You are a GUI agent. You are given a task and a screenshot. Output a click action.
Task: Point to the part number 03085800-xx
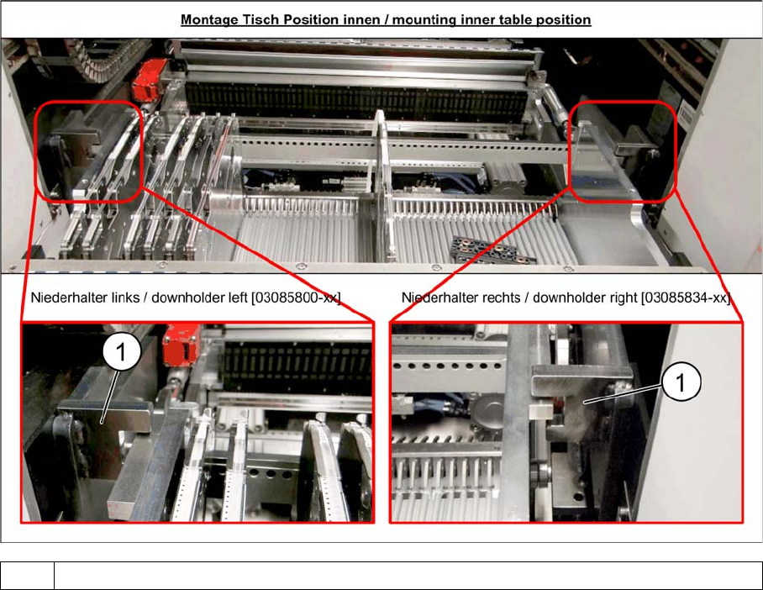point(296,297)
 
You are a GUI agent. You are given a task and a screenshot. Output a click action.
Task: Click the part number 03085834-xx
point(686,297)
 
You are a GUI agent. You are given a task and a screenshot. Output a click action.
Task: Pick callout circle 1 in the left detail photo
point(122,352)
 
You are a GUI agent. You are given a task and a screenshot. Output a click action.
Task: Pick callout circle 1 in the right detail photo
point(681,382)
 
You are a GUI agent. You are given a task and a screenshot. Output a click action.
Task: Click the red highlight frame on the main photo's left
point(35,151)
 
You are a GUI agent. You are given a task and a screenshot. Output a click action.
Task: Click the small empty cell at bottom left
point(27,576)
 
